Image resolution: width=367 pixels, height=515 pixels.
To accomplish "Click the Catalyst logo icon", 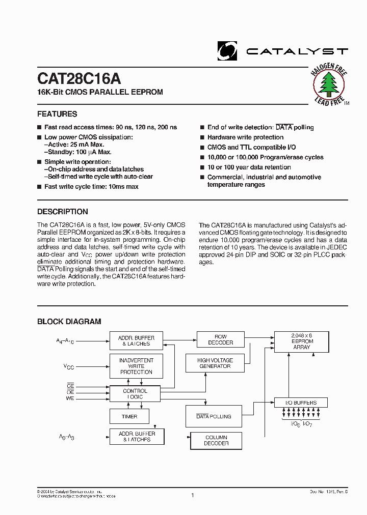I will pos(227,50).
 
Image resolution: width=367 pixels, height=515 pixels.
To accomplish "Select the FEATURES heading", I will pos(57,114).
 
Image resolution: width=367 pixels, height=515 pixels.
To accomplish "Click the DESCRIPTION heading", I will pos(63,212).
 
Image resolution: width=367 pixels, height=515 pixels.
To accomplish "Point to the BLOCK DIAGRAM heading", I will pos(69,322).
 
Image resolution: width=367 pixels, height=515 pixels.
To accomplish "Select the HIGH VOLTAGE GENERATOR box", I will pos(215,363).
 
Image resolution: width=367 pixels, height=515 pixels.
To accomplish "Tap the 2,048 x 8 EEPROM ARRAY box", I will pos(301,341).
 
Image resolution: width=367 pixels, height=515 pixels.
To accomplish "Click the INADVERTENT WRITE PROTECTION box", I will pos(136,366).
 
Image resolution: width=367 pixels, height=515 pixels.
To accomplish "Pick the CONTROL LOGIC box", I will pos(135,394).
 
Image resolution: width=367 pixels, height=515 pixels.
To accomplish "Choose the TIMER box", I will pos(129,416).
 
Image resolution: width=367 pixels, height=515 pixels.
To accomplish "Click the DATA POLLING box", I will pos(214,416).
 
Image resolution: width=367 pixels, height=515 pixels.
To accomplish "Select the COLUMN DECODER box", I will pos(216,440).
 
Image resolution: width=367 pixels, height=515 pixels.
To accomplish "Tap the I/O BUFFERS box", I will pos(301,403).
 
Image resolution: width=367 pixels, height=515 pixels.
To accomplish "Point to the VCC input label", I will pos(69,366).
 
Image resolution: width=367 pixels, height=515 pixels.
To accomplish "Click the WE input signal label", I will pos(70,398).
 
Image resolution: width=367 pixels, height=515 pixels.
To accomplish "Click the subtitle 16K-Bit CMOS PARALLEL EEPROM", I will pos(100,92).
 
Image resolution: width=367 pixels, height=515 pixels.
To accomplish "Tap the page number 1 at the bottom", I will pos(193,495).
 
